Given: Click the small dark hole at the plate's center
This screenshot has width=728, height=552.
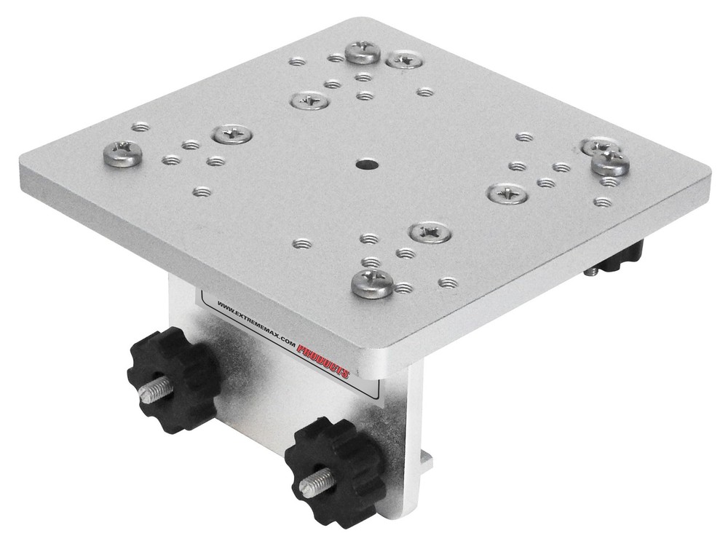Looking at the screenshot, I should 363,165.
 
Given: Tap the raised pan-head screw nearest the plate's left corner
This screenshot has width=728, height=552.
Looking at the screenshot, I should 121,152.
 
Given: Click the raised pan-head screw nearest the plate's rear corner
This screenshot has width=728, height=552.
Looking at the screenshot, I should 363,52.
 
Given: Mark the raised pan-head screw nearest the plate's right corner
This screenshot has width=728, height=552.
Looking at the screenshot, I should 610,163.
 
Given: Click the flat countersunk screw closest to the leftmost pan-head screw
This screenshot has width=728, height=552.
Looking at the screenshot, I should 232,133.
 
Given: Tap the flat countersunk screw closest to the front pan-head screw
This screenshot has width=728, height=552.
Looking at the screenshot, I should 430,233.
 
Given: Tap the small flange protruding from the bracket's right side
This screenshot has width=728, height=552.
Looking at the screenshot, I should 427,460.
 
